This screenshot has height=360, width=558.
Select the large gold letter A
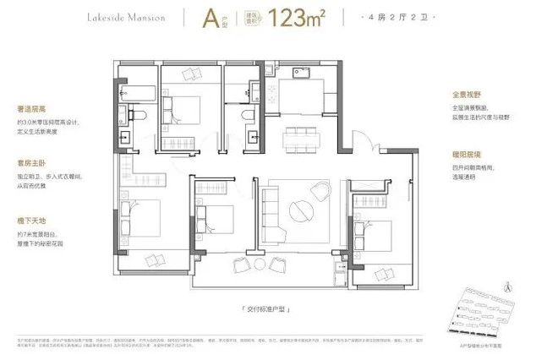(x=205, y=18)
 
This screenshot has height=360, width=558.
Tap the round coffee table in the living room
(x=303, y=210)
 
